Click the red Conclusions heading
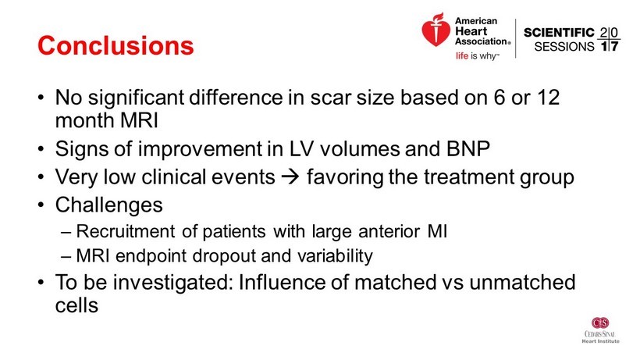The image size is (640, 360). (x=116, y=45)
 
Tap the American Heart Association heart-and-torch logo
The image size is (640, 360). (x=436, y=30)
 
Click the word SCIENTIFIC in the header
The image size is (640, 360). (x=559, y=33)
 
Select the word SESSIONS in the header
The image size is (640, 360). (x=564, y=47)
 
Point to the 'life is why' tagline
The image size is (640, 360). (x=477, y=55)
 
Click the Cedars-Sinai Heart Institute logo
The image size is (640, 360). (x=600, y=330)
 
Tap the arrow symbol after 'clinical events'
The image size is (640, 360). (x=290, y=176)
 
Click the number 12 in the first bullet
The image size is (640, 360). (x=548, y=98)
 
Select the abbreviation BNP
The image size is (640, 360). (x=468, y=148)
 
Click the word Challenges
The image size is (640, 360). (x=109, y=205)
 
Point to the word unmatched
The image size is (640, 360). (x=522, y=283)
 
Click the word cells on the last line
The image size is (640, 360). (x=76, y=305)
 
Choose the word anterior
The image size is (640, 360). (x=389, y=231)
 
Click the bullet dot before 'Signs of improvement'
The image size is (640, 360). (x=41, y=149)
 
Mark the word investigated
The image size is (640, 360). (x=172, y=283)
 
